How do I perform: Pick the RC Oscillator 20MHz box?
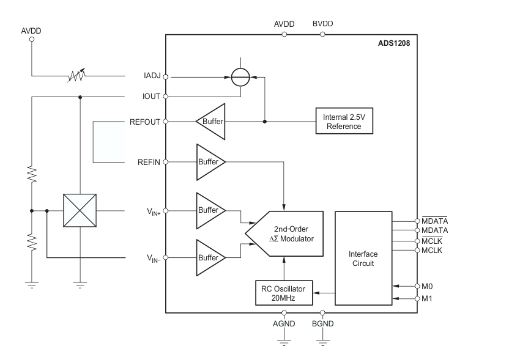[x=283, y=292]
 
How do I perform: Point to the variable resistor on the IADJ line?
[x=77, y=76]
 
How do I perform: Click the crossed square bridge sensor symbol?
[x=80, y=211]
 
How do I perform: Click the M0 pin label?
[x=428, y=285]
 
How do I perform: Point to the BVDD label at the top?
[x=322, y=24]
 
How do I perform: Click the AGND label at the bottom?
[x=284, y=323]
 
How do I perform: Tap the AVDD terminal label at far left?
[x=32, y=30]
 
